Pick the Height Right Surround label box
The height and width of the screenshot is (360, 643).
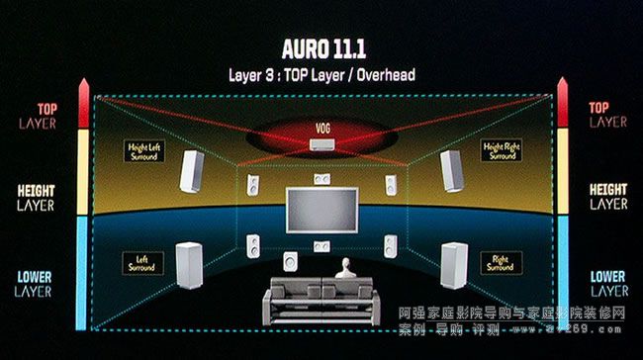501,151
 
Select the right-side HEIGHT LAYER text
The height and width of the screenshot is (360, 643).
607,196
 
